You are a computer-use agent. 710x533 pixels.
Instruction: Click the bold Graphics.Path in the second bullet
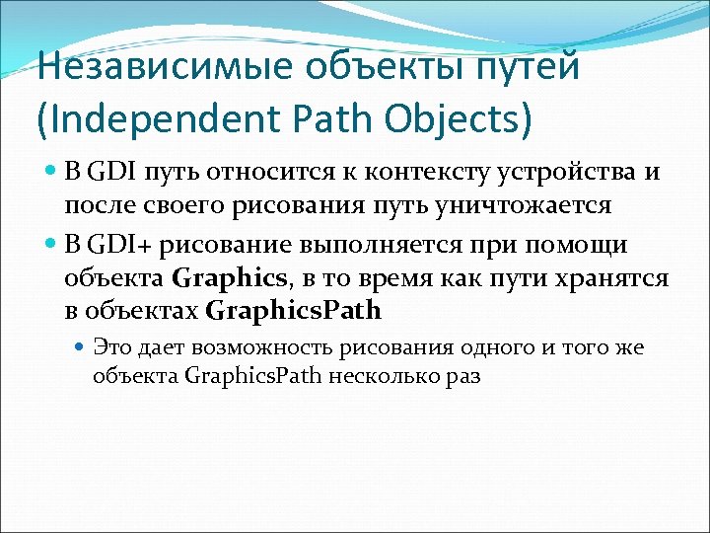(x=293, y=312)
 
